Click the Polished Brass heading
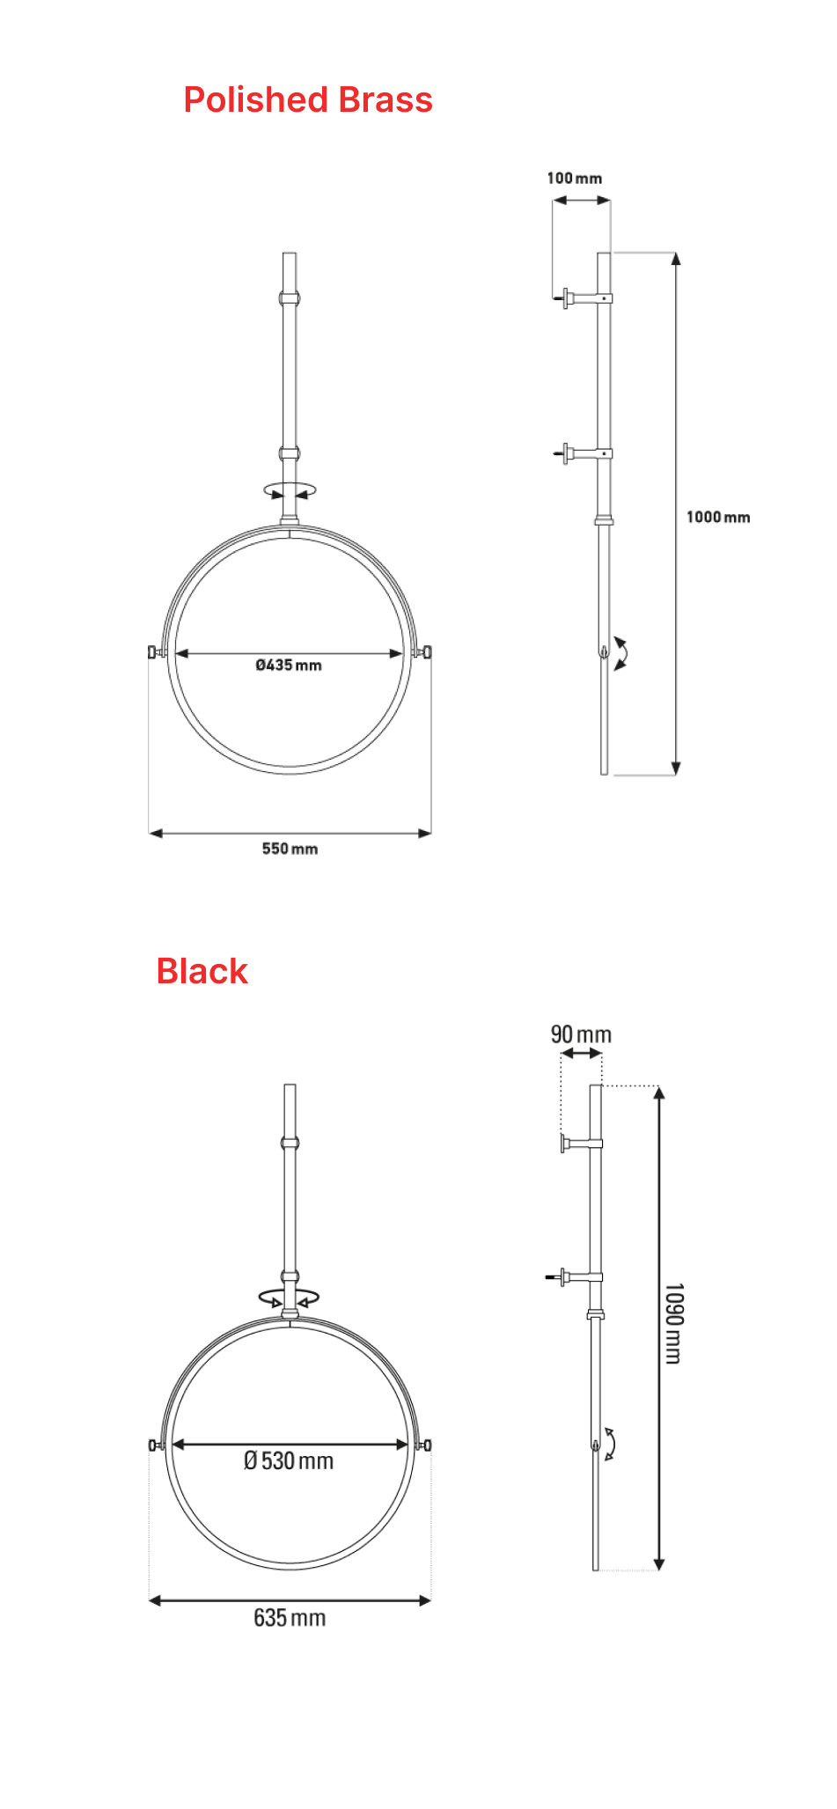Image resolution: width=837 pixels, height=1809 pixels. pyautogui.click(x=308, y=100)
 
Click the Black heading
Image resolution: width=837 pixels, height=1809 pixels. pyautogui.click(x=202, y=972)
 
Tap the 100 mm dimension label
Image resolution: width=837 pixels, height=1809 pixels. pyautogui.click(x=575, y=179)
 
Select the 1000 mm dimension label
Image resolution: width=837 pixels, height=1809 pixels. pyautogui.click(x=718, y=518)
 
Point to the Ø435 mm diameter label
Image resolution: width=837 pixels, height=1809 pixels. pyautogui.click(x=289, y=666)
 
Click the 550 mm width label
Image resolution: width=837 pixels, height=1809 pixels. pyautogui.click(x=290, y=849)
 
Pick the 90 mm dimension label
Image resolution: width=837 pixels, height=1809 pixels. pyautogui.click(x=581, y=1034)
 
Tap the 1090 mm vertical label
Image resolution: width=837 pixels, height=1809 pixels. pyautogui.click(x=673, y=1323)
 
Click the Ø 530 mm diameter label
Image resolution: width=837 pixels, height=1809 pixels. pyautogui.click(x=289, y=1461)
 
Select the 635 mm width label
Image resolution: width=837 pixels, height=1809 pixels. pyautogui.click(x=290, y=1618)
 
